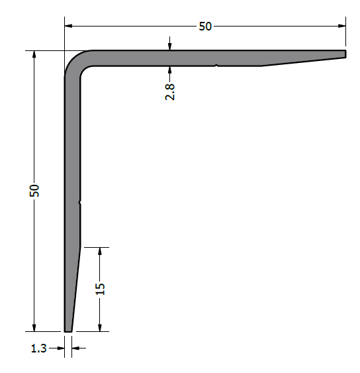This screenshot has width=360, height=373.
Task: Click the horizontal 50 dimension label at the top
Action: click(x=205, y=27)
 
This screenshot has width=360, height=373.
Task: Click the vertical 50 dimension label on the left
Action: click(x=34, y=190)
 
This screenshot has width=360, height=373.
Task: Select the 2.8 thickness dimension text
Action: click(x=170, y=92)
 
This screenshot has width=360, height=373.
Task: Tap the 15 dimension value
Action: click(x=100, y=289)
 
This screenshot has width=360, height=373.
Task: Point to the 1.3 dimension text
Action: click(x=39, y=348)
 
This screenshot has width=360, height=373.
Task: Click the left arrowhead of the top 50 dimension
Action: click(x=68, y=26)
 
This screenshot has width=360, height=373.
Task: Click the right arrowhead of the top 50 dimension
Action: click(x=341, y=26)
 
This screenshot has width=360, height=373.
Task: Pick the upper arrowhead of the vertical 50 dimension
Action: click(x=34, y=54)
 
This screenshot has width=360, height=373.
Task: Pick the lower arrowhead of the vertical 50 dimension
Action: click(x=34, y=327)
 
